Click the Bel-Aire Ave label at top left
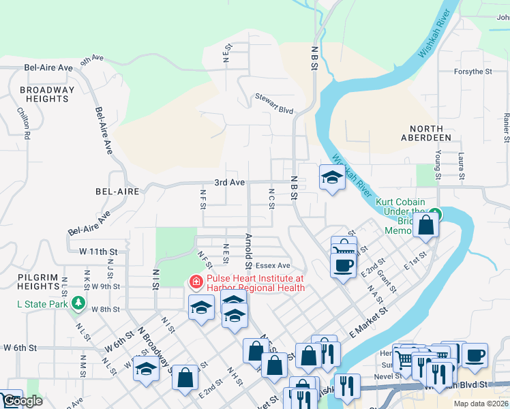pyautogui.click(x=48, y=68)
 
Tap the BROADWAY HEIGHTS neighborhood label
pyautogui.click(x=47, y=94)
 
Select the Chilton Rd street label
pyautogui.click(x=23, y=123)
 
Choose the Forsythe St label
pyautogui.click(x=473, y=72)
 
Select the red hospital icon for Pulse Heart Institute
pyautogui.click(x=196, y=282)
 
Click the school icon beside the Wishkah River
pyautogui.click(x=331, y=179)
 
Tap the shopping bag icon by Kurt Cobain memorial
pyautogui.click(x=425, y=225)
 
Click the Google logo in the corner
pyautogui.click(x=22, y=402)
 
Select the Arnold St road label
pyautogui.click(x=248, y=252)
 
